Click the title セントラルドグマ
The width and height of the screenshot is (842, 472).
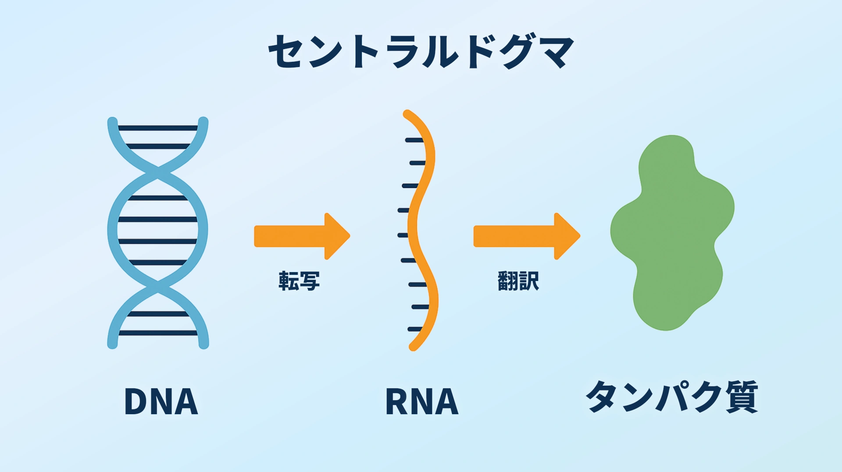(x=421, y=51)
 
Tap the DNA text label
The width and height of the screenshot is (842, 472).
(x=161, y=401)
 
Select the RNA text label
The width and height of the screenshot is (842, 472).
(x=421, y=401)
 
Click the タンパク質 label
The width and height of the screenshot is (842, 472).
(x=672, y=397)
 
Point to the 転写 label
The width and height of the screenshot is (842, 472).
(x=299, y=281)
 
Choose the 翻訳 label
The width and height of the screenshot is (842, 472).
(x=518, y=281)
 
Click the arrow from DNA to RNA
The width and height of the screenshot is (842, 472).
(x=302, y=236)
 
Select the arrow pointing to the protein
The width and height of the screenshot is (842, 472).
(x=526, y=236)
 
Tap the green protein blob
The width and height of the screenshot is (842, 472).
(x=671, y=232)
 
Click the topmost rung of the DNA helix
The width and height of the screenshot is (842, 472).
(x=158, y=128)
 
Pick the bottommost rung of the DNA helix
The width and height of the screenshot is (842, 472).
(x=158, y=333)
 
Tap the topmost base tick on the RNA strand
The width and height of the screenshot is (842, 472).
(x=414, y=140)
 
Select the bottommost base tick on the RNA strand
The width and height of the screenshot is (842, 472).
(x=415, y=329)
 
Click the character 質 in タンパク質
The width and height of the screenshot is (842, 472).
(x=742, y=397)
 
